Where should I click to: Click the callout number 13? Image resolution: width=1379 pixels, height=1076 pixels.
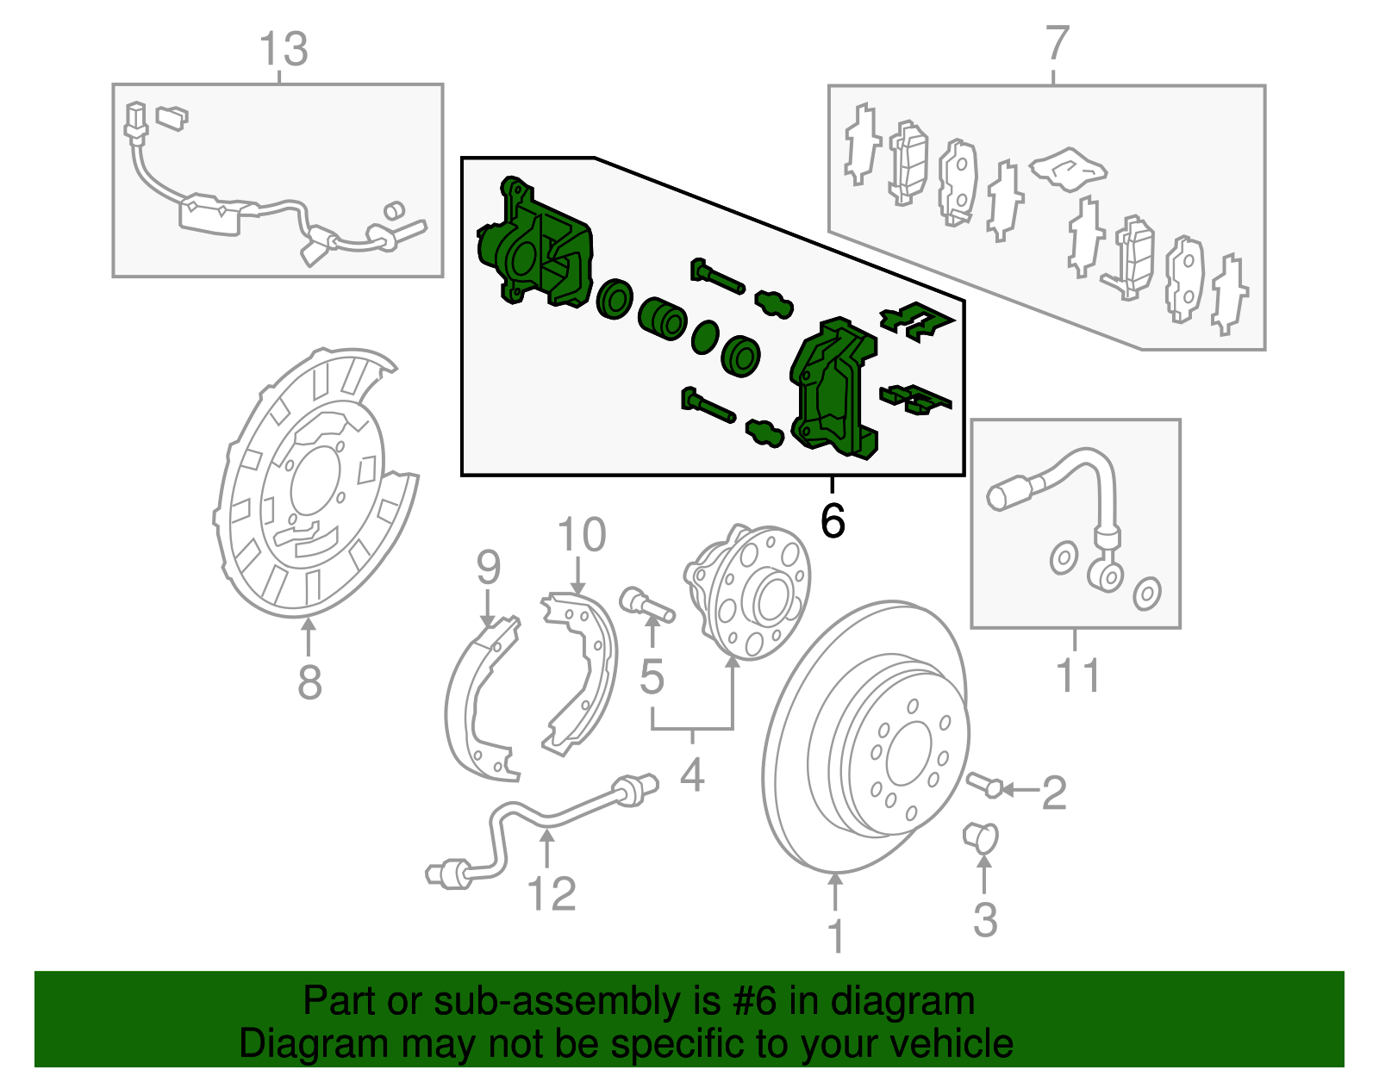[x=283, y=50]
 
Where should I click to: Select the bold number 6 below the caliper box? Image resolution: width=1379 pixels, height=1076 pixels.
[x=833, y=520]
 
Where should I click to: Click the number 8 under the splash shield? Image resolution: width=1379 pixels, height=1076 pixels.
[x=309, y=682]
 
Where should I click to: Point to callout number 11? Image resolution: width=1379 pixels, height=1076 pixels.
[x=1078, y=675]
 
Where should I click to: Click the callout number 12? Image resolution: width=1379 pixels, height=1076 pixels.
[x=551, y=893]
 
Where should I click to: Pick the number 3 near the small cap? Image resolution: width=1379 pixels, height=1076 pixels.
[x=985, y=919]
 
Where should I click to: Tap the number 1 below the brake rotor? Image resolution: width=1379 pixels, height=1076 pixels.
[x=835, y=936]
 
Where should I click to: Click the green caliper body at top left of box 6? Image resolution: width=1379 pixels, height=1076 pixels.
[x=534, y=246]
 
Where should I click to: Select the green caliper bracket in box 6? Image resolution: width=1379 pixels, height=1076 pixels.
[x=832, y=388]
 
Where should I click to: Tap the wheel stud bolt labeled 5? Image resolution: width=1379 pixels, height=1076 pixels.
[x=645, y=602]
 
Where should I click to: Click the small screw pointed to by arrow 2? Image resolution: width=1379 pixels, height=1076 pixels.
[x=984, y=784]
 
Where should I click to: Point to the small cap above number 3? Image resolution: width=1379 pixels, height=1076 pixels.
[x=981, y=836]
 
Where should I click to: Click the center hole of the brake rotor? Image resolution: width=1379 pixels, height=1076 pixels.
[x=908, y=751]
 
